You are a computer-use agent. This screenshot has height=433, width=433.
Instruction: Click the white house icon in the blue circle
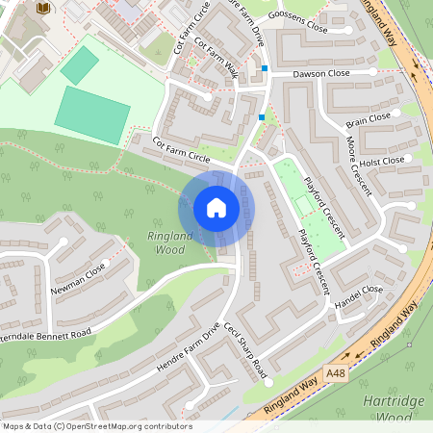[x=216, y=208]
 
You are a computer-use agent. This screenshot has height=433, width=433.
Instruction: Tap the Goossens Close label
[x=299, y=25]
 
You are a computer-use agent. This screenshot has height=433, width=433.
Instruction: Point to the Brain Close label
[x=369, y=119]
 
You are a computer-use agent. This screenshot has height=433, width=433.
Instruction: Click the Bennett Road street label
[x=48, y=328]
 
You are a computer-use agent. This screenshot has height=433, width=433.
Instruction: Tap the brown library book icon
[x=43, y=9]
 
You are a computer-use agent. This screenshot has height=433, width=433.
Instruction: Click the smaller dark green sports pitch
[x=79, y=64]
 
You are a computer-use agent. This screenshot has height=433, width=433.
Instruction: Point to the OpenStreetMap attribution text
[x=96, y=426]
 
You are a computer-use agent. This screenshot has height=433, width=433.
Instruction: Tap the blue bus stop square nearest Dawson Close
[x=265, y=68]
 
